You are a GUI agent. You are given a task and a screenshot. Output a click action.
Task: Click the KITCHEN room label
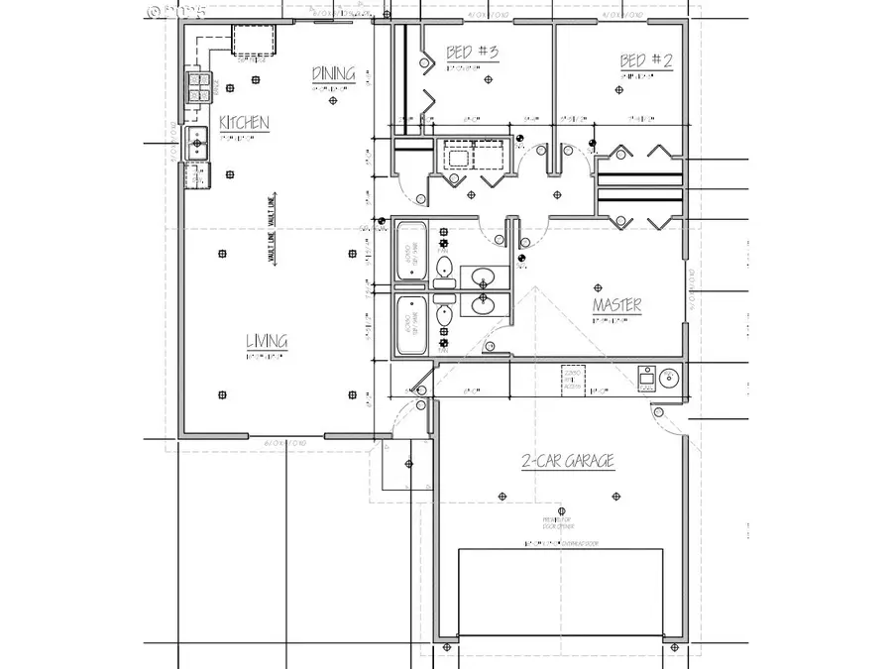[244, 122]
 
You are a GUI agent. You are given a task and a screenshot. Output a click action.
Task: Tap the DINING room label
[333, 73]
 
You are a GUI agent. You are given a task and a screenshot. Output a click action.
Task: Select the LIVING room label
[267, 342]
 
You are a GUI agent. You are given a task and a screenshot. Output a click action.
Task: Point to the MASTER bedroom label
[616, 305]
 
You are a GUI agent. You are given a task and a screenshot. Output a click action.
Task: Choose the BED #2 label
[646, 60]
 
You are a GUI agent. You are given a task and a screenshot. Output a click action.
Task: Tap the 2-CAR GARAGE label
[568, 461]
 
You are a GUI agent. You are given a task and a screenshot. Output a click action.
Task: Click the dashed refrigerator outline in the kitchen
[252, 41]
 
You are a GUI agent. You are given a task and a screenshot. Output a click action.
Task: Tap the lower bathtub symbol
[408, 323]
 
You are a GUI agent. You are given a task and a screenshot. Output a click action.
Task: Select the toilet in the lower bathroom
[443, 315]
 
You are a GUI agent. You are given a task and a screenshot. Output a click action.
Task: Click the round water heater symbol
[667, 377]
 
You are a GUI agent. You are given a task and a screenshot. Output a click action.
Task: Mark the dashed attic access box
[572, 379]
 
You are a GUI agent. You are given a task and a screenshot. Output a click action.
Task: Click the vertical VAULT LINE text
[270, 230]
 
